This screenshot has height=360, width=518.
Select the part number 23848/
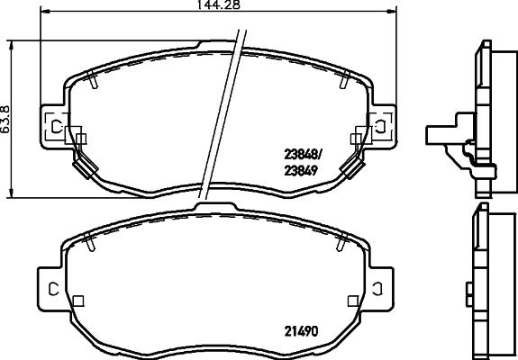(301, 152)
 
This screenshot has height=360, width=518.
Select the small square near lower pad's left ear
(78, 301)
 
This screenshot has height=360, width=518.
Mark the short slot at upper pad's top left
(95, 82)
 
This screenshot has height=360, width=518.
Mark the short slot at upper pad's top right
(342, 82)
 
